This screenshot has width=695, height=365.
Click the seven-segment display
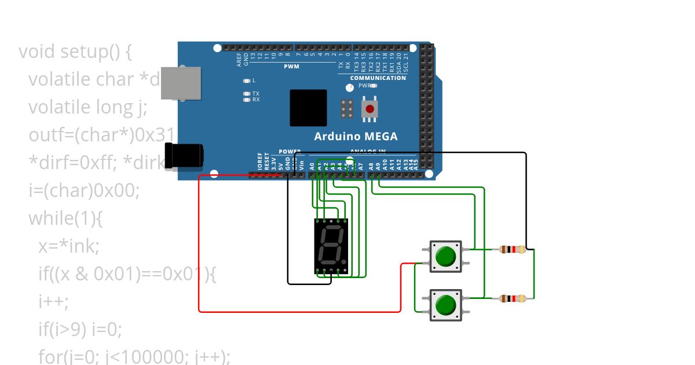coord(331,246)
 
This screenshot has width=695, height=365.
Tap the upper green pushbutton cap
coord(445,256)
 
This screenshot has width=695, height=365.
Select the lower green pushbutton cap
coord(445,305)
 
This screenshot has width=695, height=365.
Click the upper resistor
coord(512,250)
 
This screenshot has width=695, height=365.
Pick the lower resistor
coord(512,298)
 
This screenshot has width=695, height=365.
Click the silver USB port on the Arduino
coord(180,82)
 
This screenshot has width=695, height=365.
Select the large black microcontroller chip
coord(308,108)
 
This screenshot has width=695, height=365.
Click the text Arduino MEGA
coord(356,137)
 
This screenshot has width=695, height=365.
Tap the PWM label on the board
coord(291,67)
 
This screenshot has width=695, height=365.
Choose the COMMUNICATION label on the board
coord(378,78)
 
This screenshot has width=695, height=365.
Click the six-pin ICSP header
coord(348,109)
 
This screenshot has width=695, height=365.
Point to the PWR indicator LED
coord(374,85)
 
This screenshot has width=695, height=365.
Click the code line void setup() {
coord(75,52)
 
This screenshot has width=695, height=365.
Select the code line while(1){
coord(65,218)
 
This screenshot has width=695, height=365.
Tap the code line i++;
coord(53,301)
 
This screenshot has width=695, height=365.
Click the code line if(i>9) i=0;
coord(81,330)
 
